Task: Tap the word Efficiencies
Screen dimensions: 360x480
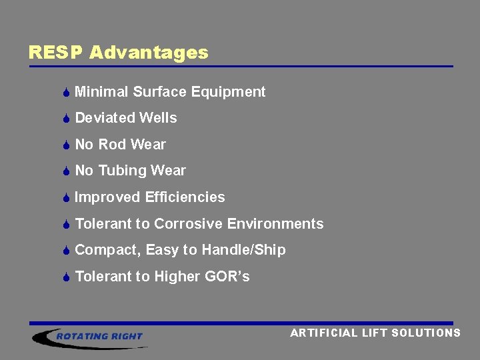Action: [x=185, y=197]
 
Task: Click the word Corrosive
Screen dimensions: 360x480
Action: [x=189, y=224]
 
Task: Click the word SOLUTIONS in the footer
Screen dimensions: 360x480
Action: [x=426, y=333]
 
